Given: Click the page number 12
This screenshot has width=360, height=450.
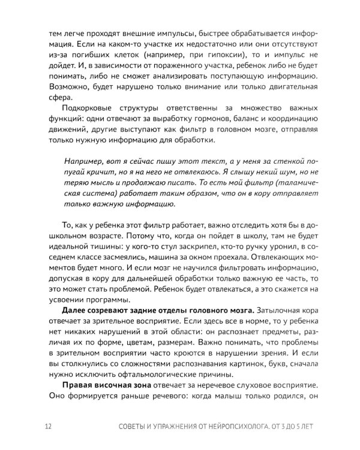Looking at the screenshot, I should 47,427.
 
